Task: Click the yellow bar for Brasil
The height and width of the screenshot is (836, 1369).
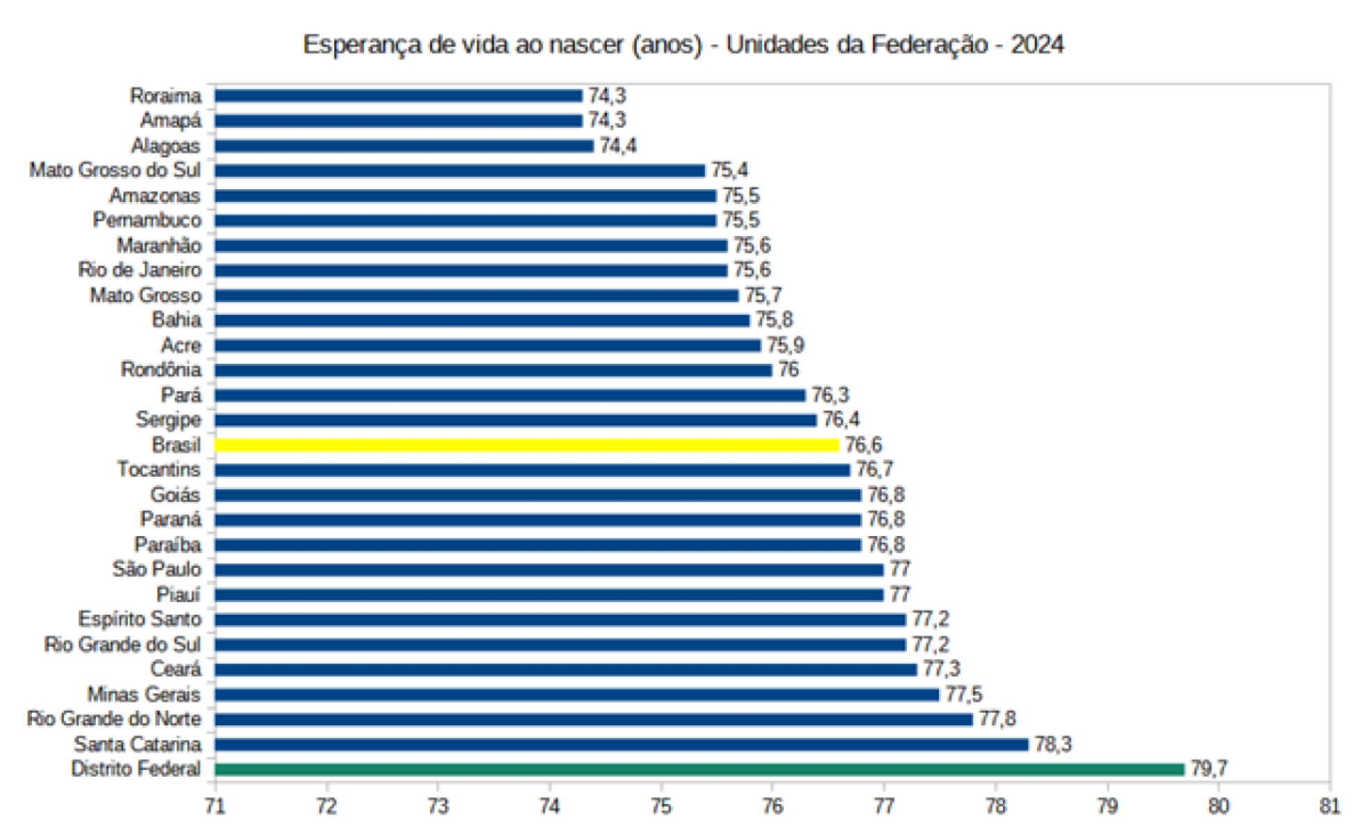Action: point(526,445)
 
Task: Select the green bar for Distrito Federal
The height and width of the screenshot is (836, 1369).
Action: point(699,769)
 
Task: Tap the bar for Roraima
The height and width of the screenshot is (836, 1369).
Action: point(398,95)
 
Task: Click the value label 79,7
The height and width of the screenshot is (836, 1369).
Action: point(1209,768)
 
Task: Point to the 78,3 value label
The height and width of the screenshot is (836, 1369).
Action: point(1052,744)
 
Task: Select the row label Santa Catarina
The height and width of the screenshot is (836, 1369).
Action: point(137,744)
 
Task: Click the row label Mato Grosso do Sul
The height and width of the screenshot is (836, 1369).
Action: point(114,170)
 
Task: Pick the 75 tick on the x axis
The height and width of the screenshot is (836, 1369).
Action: point(660,806)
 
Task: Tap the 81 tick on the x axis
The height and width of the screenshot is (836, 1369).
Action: point(1329,806)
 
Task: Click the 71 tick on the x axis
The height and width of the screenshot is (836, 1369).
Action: point(215,806)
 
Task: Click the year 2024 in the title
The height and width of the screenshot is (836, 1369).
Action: point(1037,45)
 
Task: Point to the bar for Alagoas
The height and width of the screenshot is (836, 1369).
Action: point(404,145)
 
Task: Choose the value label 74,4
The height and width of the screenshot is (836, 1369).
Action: point(618,145)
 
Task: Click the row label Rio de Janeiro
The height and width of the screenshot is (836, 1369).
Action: point(139,270)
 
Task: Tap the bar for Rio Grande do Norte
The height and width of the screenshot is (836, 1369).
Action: point(593,719)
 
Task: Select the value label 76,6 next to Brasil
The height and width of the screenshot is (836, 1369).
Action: point(863,445)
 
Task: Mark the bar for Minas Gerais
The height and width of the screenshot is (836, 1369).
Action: point(576,694)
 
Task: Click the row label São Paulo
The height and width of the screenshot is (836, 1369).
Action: point(157,569)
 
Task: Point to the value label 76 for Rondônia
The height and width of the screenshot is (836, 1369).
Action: point(788,370)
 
